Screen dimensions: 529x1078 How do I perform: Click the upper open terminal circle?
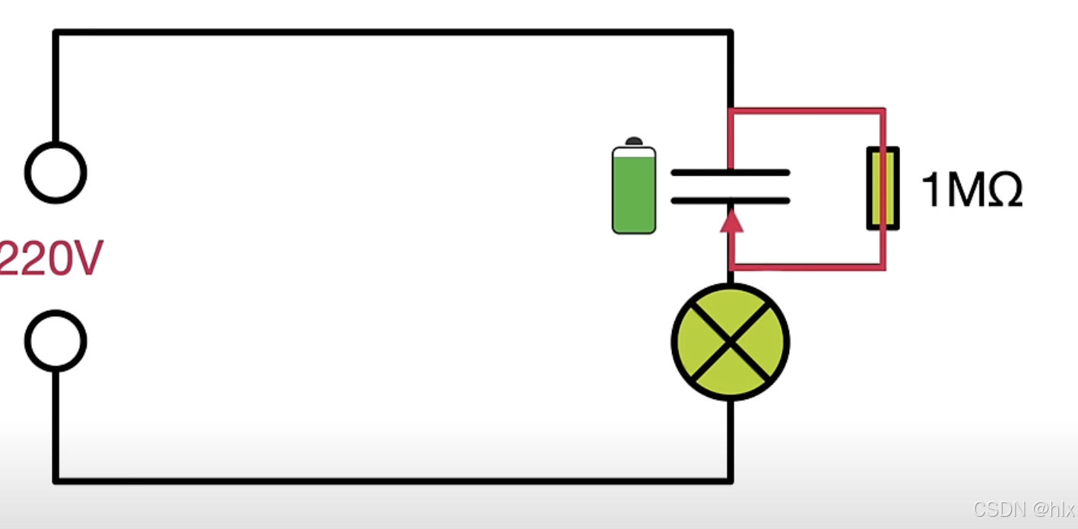pyautogui.click(x=55, y=173)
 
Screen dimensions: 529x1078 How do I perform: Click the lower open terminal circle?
pyautogui.click(x=55, y=341)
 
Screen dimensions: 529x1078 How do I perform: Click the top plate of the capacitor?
pyautogui.click(x=730, y=173)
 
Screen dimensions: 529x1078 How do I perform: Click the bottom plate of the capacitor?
pyautogui.click(x=730, y=201)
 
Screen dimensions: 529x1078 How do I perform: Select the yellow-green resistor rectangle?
pyautogui.click(x=883, y=188)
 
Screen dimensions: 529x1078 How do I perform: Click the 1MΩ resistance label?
pyautogui.click(x=971, y=190)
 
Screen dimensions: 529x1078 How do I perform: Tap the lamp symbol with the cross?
pyautogui.click(x=730, y=342)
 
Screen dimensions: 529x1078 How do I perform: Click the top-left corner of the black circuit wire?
pyautogui.click(x=55, y=33)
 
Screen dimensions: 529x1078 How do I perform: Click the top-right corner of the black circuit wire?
pyautogui.click(x=730, y=33)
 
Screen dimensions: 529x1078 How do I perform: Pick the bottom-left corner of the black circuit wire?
pyautogui.click(x=55, y=480)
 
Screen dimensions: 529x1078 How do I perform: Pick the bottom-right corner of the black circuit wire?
pyautogui.click(x=730, y=480)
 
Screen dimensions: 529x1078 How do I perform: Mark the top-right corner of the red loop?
pyautogui.click(x=883, y=111)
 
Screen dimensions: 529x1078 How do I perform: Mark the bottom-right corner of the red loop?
pyautogui.click(x=883, y=267)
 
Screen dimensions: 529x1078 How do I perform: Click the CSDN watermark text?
pyautogui.click(x=1023, y=509)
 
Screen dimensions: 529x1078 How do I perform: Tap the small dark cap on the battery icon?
pyautogui.click(x=633, y=141)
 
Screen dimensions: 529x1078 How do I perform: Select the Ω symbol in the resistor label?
pyautogui.click(x=1002, y=190)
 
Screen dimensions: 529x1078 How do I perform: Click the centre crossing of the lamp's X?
pyautogui.click(x=730, y=342)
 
